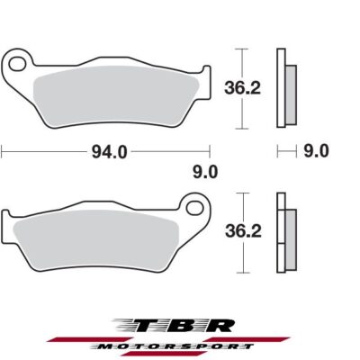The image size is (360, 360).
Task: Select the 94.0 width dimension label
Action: (x=107, y=152)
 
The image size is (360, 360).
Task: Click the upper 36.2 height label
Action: (x=237, y=86)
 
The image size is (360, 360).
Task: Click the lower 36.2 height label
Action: (x=237, y=231)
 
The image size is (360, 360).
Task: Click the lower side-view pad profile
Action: (x=286, y=233)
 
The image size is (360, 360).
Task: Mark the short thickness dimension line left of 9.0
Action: (x=286, y=150)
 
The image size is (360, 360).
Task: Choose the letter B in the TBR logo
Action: (x=184, y=324)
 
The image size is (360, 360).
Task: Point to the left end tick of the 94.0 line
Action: (x=2, y=151)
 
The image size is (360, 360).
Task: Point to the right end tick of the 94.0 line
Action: (x=211, y=151)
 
